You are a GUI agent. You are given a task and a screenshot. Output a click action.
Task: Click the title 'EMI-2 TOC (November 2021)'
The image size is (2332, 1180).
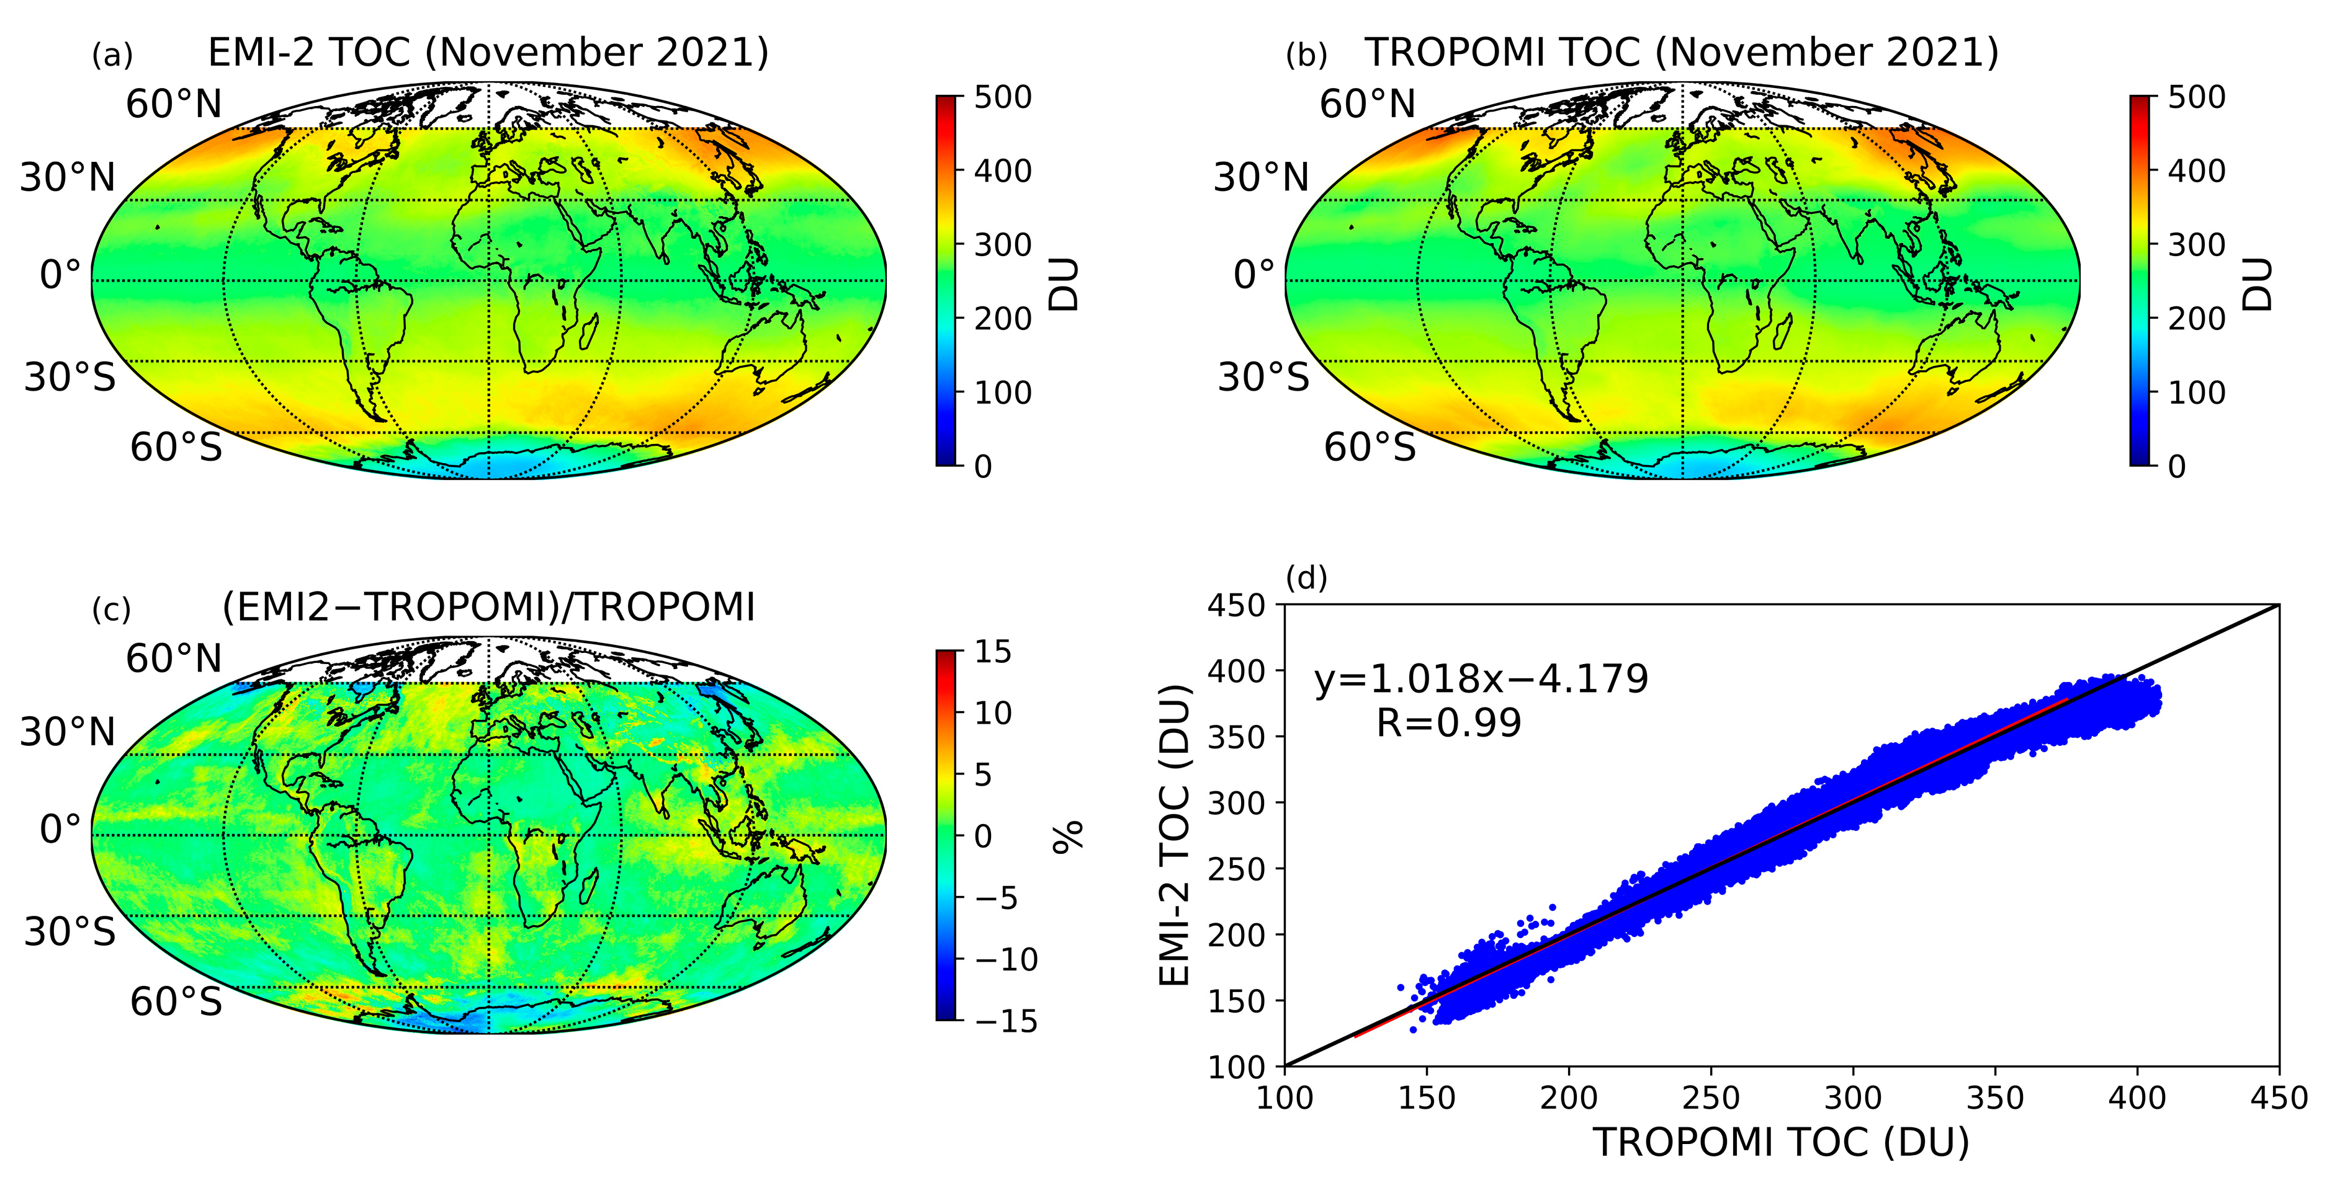(488, 53)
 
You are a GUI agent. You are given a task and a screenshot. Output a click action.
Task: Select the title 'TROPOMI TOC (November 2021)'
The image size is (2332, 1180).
(1681, 53)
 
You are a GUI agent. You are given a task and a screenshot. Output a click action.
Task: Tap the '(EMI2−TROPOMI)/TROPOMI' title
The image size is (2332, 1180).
(488, 607)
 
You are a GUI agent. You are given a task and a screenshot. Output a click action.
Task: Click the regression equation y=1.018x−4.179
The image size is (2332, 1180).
(1481, 679)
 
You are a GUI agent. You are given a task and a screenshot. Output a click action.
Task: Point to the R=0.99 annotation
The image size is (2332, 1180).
(1448, 723)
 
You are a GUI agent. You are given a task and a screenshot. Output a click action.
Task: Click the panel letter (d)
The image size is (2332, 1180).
(1306, 577)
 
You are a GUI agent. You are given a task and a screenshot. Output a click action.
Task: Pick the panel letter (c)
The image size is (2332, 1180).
(111, 610)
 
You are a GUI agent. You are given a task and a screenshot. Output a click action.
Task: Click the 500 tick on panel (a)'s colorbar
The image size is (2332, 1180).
(1002, 97)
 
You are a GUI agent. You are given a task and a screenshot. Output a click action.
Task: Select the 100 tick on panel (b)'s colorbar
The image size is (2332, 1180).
(2196, 393)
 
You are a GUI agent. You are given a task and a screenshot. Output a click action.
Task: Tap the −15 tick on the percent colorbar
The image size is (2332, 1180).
(1007, 1021)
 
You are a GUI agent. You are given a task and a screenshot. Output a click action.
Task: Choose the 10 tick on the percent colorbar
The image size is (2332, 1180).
(993, 713)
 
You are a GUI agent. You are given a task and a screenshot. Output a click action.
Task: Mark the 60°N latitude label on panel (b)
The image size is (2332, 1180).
(1367, 104)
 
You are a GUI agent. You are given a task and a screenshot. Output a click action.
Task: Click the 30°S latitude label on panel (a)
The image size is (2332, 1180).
(70, 376)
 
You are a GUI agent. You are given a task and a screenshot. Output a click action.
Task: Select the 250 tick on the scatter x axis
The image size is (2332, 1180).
(1710, 1098)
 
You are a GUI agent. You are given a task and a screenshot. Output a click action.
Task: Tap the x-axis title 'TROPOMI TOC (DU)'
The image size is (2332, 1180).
(1781, 1142)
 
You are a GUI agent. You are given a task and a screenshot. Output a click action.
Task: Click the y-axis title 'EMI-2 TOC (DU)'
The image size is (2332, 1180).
(1175, 835)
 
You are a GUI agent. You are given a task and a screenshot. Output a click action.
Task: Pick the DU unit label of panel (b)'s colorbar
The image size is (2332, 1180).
(2259, 284)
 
